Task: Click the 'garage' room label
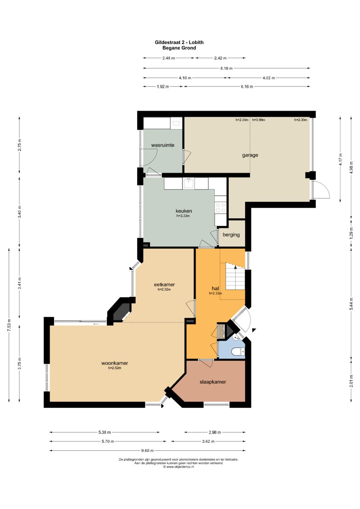(x=250, y=155)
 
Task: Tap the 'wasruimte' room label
(x=163, y=145)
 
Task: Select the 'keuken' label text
(x=184, y=211)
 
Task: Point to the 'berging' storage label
(x=231, y=235)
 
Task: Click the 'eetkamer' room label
(x=164, y=284)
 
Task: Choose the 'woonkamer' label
(x=115, y=363)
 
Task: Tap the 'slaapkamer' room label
(x=213, y=382)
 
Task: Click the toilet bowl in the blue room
(x=237, y=352)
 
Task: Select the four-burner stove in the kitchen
(x=221, y=207)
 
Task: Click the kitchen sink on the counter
(x=189, y=183)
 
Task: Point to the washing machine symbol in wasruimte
(x=177, y=123)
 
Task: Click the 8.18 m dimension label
(x=226, y=68)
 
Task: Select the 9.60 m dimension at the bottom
(x=147, y=450)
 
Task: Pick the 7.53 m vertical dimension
(x=9, y=325)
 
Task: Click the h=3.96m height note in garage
(x=259, y=120)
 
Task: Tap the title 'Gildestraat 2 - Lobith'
(x=179, y=42)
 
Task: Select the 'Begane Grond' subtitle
(x=179, y=48)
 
